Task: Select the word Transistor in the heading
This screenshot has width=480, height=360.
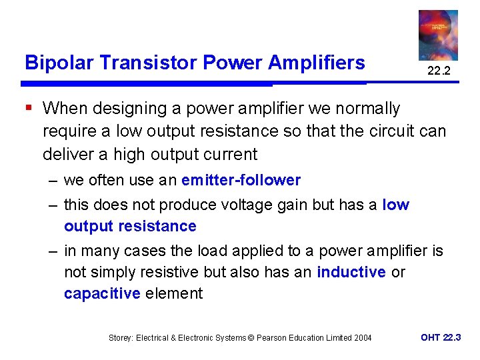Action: pos(143,63)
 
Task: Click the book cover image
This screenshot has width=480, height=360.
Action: pos(438,35)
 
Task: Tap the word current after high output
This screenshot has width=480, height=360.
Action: pos(229,154)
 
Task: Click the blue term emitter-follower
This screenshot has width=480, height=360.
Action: pos(241,180)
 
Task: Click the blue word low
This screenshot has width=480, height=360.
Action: pos(395,205)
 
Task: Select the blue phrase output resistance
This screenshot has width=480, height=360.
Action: pos(130,227)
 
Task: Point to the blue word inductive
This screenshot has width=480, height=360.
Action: pos(351,272)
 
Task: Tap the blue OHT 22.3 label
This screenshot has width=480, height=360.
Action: pos(440,337)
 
